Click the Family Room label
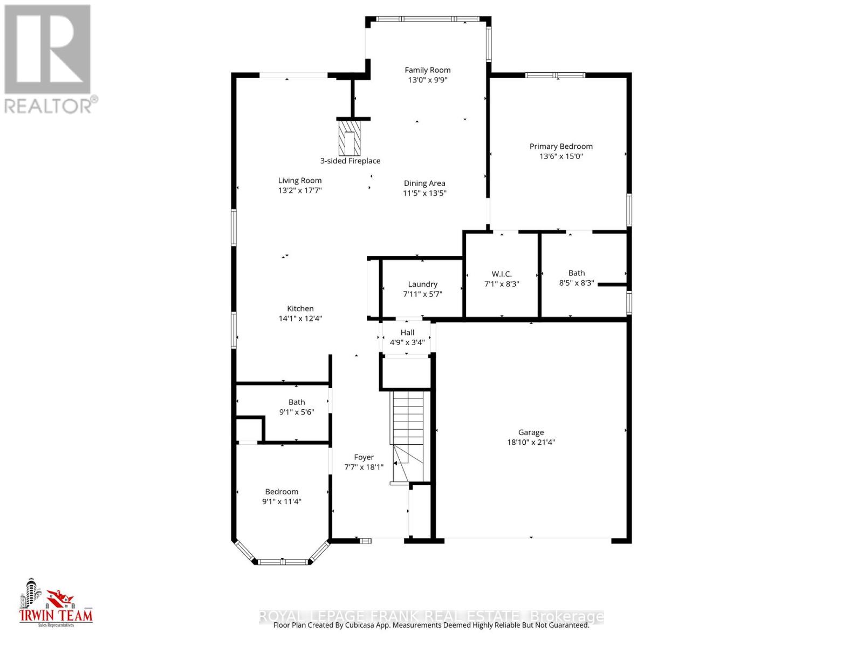pyautogui.click(x=427, y=70)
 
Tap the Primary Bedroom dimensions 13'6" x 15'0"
pyautogui.click(x=561, y=156)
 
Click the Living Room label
pyautogui.click(x=300, y=181)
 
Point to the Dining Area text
pyautogui.click(x=424, y=183)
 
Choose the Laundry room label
pyautogui.click(x=422, y=284)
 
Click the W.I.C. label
pyautogui.click(x=502, y=274)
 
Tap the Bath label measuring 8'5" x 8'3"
pyautogui.click(x=576, y=273)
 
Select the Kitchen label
pyautogui.click(x=300, y=308)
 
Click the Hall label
pyautogui.click(x=407, y=332)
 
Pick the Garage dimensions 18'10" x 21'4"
pyautogui.click(x=531, y=442)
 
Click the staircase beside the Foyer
pyautogui.click(x=408, y=426)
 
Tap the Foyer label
pyautogui.click(x=364, y=457)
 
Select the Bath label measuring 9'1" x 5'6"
pyautogui.click(x=297, y=402)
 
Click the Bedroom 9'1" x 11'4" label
pyautogui.click(x=282, y=492)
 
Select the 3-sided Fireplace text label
pyautogui.click(x=350, y=161)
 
